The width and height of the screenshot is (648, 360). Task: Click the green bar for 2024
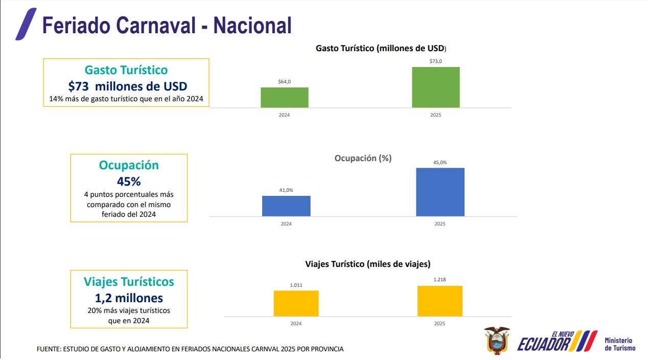tap(284, 97)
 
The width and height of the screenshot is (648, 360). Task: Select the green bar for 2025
tap(435, 87)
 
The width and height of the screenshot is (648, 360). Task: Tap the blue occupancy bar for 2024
tap(286, 206)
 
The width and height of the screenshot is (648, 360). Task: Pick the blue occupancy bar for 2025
tap(440, 192)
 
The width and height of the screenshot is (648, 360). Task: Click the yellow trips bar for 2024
tap(296, 303)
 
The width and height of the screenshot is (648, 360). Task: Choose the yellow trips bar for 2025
tap(439, 301)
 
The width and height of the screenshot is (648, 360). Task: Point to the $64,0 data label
tap(284, 81)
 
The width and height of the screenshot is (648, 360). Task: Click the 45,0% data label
tap(440, 162)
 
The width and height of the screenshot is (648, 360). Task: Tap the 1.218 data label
tap(439, 280)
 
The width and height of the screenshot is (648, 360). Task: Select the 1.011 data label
tap(296, 285)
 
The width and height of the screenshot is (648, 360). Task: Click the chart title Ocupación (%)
tap(363, 158)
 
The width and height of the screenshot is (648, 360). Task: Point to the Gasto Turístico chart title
tap(381, 49)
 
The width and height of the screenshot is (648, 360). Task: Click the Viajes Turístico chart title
tap(367, 264)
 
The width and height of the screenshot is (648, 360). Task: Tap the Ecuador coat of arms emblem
tap(497, 341)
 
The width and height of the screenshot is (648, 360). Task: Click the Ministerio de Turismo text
tap(619, 344)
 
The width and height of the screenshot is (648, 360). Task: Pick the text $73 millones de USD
tap(127, 86)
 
